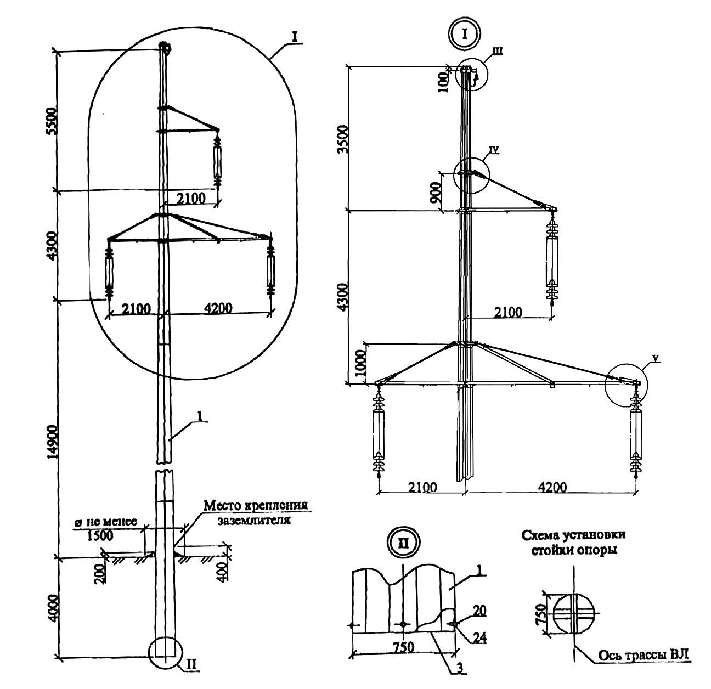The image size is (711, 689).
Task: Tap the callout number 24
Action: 481,639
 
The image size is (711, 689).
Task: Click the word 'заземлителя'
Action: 253,521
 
